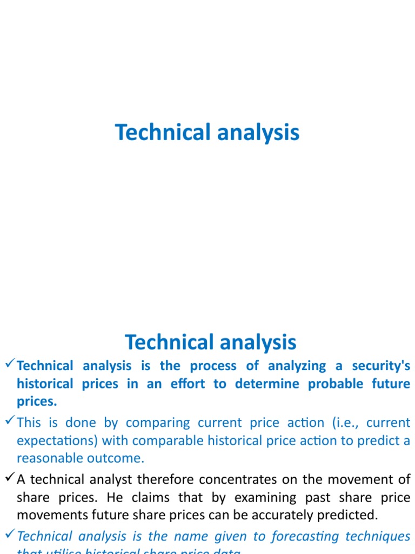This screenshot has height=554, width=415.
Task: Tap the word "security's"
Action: coord(381,366)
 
